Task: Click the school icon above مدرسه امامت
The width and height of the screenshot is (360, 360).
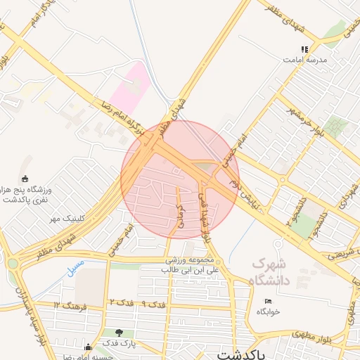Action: pos(304,49)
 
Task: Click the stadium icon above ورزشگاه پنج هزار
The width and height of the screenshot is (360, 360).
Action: pos(26,179)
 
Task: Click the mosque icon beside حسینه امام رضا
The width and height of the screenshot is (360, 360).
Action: pos(88,347)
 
